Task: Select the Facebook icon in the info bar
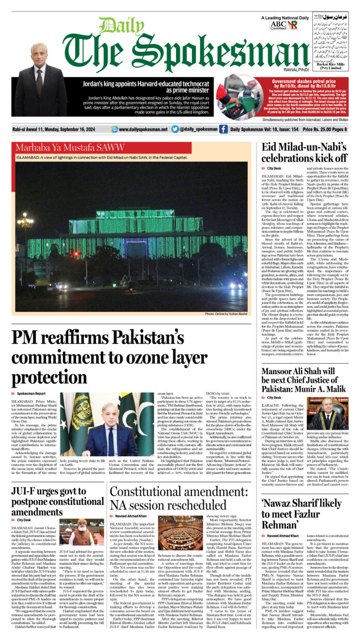tap(223, 129)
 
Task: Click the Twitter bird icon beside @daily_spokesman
tap(175, 129)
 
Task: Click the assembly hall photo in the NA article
tap(180, 533)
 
